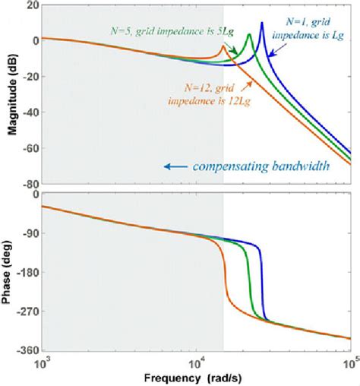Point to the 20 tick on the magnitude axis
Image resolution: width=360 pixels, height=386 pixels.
click(29, 5)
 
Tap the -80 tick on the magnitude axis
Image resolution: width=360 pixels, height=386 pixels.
click(27, 184)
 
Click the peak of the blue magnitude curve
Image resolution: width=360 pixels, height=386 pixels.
click(262, 23)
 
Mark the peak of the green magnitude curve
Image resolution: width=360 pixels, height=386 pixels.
click(248, 35)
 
